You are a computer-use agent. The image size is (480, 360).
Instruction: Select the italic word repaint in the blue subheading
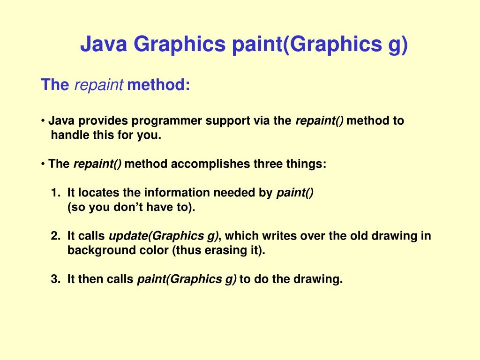(99, 85)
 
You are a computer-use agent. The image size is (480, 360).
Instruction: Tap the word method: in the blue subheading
(158, 85)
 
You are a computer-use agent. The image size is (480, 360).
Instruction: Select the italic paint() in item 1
(295, 193)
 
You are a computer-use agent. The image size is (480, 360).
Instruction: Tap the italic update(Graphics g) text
(164, 236)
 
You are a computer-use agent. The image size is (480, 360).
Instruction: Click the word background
(96, 250)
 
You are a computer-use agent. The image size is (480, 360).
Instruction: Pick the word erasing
(225, 250)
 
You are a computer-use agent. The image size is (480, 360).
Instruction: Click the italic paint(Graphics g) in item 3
(187, 279)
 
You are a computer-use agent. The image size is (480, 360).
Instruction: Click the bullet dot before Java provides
(43, 121)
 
